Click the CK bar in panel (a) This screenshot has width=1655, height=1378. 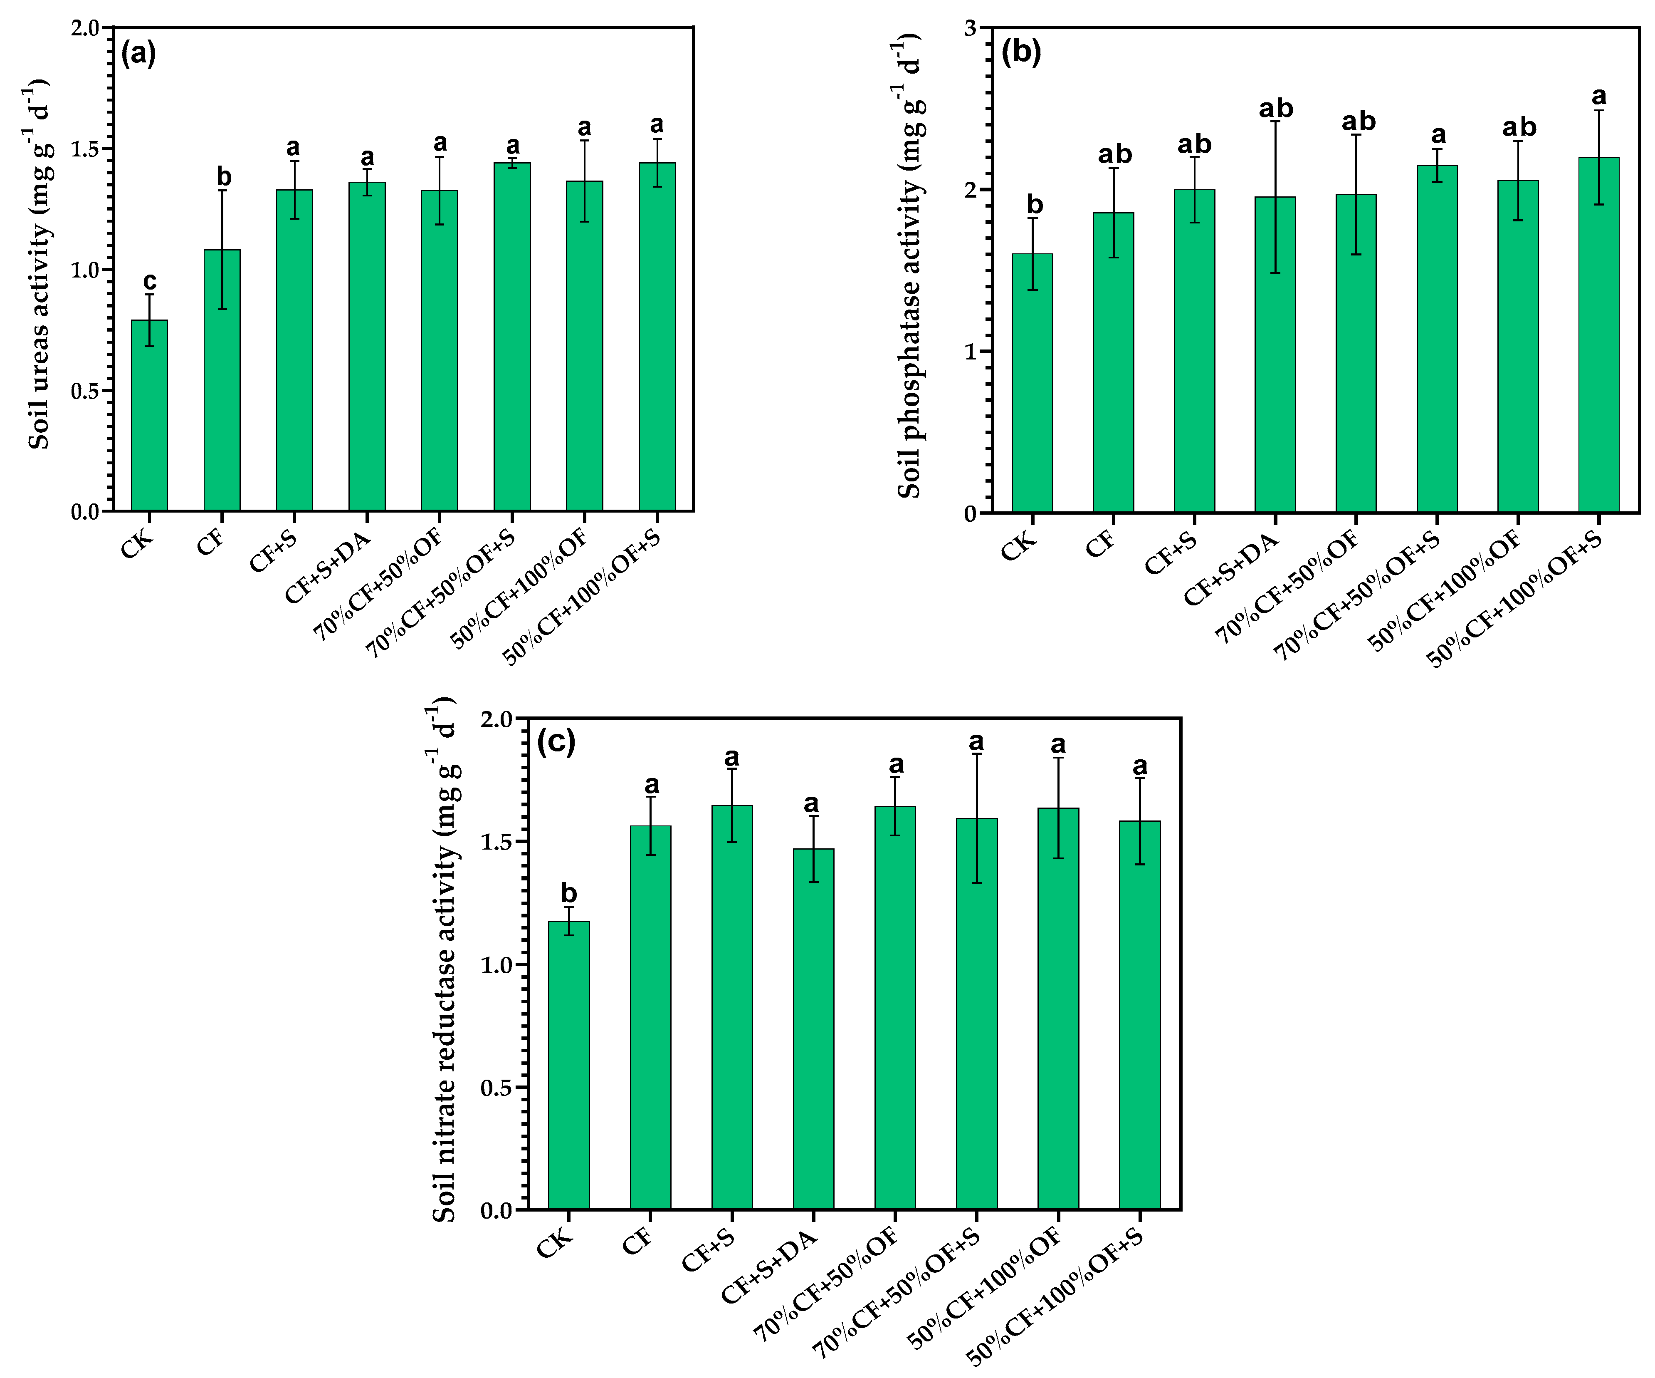click(149, 416)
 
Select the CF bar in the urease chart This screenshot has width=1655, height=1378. click(222, 380)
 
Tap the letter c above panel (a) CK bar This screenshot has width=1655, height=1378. click(149, 281)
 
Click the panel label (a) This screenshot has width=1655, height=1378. click(138, 54)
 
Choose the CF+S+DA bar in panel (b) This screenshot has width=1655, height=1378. click(1275, 355)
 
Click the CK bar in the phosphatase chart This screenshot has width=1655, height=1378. click(1032, 383)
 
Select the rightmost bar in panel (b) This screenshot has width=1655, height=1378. click(1598, 335)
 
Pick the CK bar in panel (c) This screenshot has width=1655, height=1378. click(568, 1064)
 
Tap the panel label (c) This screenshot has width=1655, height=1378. click(556, 741)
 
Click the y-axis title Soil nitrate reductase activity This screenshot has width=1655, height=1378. click(445, 962)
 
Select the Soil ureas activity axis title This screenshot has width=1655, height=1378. click(40, 264)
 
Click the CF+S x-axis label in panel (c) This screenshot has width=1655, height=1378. click(708, 1250)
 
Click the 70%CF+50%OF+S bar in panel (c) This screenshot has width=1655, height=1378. click(976, 1013)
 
